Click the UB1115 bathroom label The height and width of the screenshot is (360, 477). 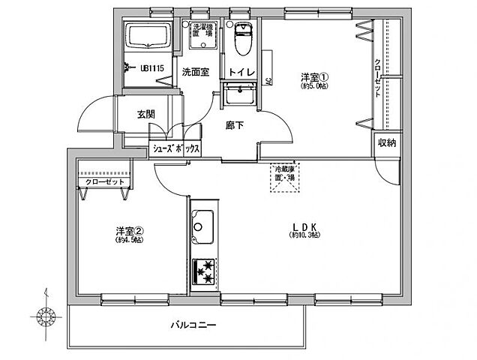[153, 68]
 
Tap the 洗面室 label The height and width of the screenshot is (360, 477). [195, 72]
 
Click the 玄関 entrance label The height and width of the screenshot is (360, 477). [145, 114]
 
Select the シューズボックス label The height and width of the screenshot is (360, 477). [176, 148]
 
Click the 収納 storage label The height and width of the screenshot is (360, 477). [387, 142]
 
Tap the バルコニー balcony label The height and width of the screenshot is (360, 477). [193, 327]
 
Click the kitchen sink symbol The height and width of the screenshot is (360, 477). [202, 224]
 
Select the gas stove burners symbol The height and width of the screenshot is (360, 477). [203, 271]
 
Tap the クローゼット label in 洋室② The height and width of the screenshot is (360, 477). [100, 181]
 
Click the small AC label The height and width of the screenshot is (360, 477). [268, 83]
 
